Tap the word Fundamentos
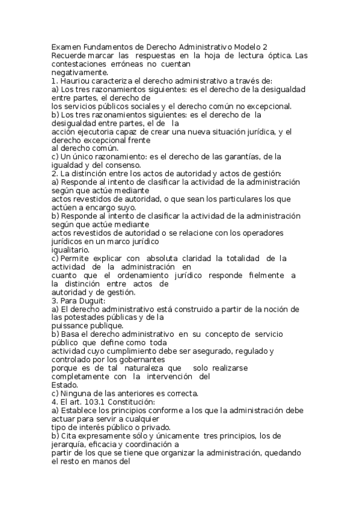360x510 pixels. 109,47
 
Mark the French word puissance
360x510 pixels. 70,325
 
